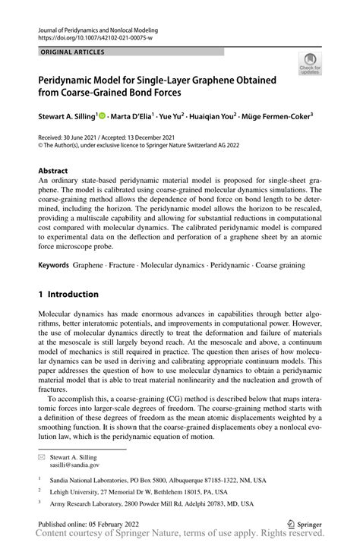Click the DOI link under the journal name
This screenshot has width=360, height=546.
click(95, 37)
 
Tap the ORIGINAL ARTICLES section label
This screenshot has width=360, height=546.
click(72, 52)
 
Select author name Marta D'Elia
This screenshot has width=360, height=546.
click(134, 117)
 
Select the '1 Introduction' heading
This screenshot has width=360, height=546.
click(68, 294)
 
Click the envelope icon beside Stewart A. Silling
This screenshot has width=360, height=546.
click(41, 458)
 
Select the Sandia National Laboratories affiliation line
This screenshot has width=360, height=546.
click(158, 481)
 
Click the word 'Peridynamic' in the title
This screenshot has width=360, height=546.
click(72, 80)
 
